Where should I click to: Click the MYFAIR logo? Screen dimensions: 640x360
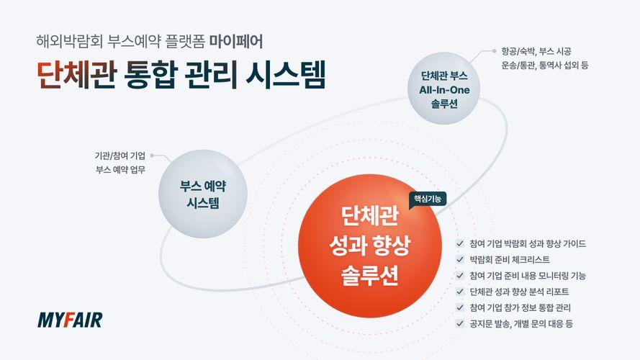coord(70,320)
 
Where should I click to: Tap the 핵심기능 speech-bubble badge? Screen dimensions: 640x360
coord(428,199)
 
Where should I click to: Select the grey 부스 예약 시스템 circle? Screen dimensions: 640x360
coord(203,194)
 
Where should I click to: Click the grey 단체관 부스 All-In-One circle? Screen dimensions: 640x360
coord(444,89)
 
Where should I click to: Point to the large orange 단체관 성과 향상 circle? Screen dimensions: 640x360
coord(370,246)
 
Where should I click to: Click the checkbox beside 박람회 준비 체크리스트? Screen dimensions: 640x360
coord(460,260)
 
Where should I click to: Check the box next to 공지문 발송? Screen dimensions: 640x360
coord(460,324)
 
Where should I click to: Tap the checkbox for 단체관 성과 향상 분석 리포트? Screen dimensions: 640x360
coord(460,292)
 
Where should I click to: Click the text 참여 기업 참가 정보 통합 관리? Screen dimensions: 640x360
coord(520,307)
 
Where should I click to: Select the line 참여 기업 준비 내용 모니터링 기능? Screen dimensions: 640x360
coord(528,276)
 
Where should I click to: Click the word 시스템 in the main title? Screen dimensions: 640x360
coord(286,75)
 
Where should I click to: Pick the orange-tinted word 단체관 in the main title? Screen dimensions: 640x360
coord(77,75)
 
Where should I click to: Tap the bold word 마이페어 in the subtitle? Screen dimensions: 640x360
coord(236,42)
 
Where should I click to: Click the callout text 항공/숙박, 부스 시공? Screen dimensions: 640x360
coord(536,51)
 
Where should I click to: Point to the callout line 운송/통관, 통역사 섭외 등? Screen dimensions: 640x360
coord(545,66)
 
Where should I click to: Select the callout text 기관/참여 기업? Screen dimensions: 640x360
coord(120,156)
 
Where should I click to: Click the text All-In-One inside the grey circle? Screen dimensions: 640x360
coord(444,90)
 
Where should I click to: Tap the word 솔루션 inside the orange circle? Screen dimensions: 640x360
coord(370,276)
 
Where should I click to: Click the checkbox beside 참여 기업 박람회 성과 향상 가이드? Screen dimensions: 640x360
coord(460,243)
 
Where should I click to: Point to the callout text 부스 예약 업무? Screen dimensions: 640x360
coord(120,169)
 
